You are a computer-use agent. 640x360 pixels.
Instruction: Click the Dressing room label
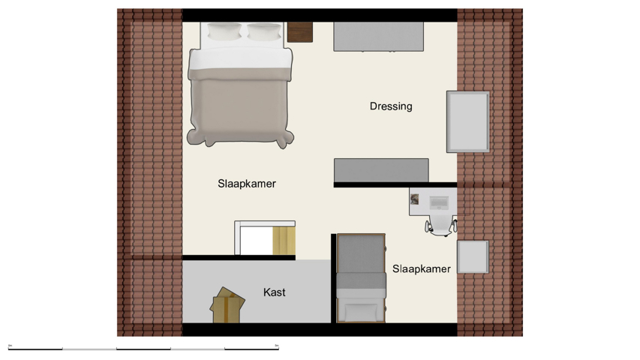click(390, 106)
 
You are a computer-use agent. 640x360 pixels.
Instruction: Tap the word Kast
click(274, 292)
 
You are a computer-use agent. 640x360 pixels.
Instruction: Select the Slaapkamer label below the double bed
click(247, 184)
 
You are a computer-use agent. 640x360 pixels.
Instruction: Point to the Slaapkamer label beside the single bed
click(421, 269)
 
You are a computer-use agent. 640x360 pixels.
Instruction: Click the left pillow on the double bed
click(224, 31)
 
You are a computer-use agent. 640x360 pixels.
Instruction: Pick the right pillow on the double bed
click(263, 31)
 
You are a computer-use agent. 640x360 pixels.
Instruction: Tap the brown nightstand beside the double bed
click(299, 32)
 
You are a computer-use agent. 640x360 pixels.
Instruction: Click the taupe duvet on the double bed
click(239, 105)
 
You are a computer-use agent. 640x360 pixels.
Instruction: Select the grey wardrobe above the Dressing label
click(378, 37)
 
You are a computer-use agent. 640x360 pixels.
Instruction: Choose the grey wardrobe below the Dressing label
click(381, 170)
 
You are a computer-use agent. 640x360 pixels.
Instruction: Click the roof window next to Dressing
click(467, 121)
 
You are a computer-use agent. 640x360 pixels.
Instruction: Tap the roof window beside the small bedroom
click(473, 256)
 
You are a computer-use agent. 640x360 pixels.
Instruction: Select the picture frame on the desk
click(415, 199)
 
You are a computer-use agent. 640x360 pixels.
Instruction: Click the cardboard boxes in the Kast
click(227, 306)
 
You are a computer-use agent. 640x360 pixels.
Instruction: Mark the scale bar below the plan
click(143, 349)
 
